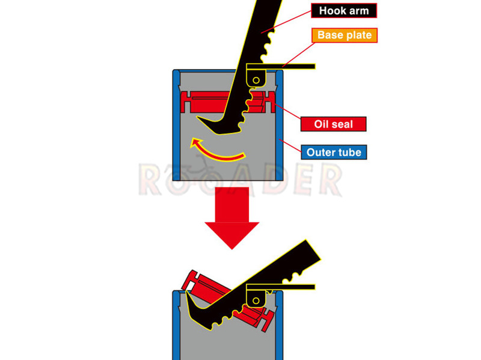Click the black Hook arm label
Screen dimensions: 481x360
pyautogui.click(x=344, y=11)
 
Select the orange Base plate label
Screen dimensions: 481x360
pyautogui.click(x=345, y=35)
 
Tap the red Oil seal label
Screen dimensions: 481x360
pyautogui.click(x=334, y=124)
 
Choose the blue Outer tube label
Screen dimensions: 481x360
pyautogui.click(x=334, y=153)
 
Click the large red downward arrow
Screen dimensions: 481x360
pyautogui.click(x=232, y=218)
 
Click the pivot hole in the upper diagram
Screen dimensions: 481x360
pyautogui.click(x=256, y=81)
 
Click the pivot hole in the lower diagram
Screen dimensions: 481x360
pyautogui.click(x=256, y=301)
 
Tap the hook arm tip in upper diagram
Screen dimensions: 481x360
pyautogui.click(x=198, y=117)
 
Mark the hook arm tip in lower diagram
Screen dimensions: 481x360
pyautogui.click(x=186, y=292)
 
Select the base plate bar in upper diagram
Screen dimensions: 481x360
pyautogui.click(x=281, y=67)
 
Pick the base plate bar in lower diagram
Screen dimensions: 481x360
pyautogui.click(x=281, y=287)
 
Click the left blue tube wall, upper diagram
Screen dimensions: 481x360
pyautogui.click(x=176, y=125)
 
